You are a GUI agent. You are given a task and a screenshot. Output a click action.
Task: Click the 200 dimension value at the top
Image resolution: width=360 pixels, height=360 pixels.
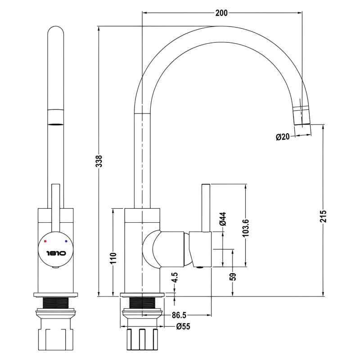[x=221, y=13]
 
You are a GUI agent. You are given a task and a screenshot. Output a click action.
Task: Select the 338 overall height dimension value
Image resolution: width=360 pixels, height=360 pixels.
[x=99, y=161]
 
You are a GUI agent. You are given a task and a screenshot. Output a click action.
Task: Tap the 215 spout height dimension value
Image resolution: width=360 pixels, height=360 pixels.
[x=323, y=216]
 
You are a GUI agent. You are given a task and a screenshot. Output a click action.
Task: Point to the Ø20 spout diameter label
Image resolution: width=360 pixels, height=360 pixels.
[x=283, y=137]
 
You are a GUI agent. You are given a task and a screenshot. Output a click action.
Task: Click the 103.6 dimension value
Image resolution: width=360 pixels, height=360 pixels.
[x=245, y=228]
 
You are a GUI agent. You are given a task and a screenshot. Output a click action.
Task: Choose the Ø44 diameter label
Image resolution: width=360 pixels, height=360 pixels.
[x=223, y=219]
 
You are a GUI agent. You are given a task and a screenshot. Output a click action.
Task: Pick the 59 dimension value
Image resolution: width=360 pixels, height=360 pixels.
[x=233, y=276]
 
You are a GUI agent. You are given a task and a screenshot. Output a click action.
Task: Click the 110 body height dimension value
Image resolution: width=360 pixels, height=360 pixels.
[x=114, y=258]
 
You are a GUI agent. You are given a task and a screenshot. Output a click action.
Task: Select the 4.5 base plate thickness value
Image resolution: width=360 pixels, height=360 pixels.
[x=175, y=277]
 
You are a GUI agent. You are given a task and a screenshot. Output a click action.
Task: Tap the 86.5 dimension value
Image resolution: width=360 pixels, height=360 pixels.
[x=179, y=315]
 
